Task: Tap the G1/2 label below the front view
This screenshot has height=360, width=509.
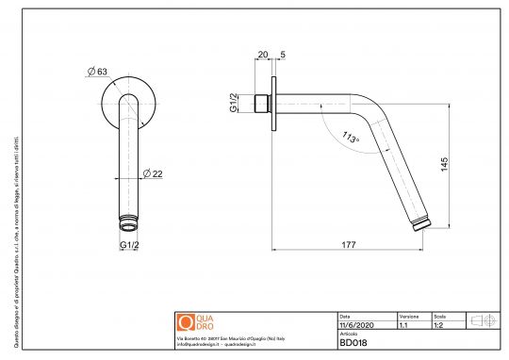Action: [130, 247]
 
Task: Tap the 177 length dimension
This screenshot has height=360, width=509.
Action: [349, 245]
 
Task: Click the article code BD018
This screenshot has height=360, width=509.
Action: [353, 343]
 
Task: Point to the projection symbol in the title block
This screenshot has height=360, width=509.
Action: [483, 320]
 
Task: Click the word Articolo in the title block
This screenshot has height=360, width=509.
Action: [349, 333]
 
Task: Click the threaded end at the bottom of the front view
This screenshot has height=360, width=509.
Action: [130, 224]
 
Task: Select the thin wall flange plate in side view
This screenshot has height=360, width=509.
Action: [274, 106]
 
